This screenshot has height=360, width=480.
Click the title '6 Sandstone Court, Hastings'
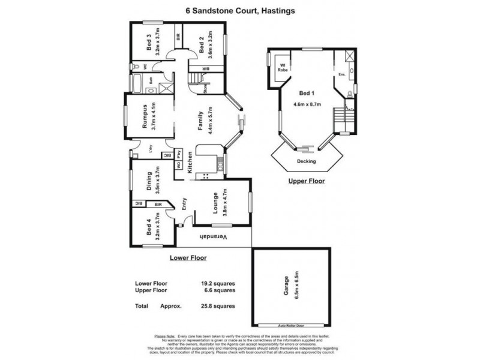click(x=240, y=10)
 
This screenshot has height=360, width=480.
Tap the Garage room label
click(x=286, y=284)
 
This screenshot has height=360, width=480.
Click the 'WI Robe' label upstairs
click(x=282, y=67)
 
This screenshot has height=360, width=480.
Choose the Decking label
click(x=307, y=161)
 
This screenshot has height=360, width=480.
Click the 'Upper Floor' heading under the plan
click(x=307, y=180)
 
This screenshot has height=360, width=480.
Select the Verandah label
click(x=216, y=238)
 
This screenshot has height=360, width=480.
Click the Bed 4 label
click(x=149, y=231)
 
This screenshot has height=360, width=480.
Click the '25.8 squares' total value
click(x=217, y=306)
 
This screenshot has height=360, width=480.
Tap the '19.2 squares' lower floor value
click(x=217, y=283)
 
